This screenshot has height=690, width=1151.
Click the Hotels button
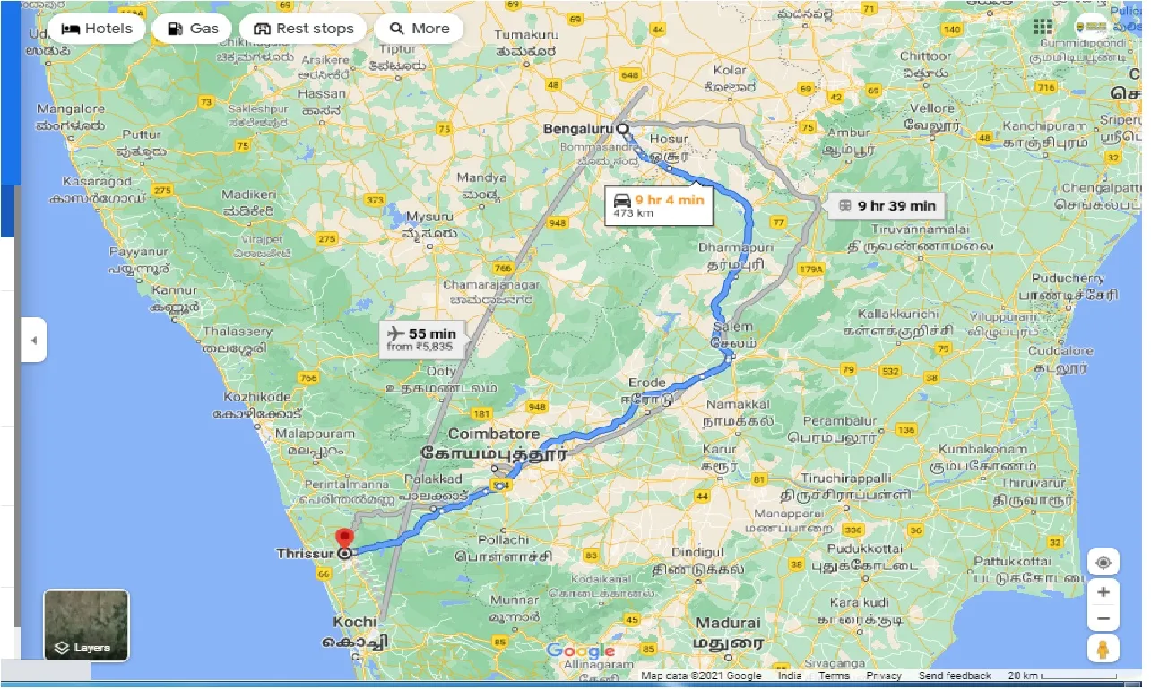pyautogui.click(x=96, y=29)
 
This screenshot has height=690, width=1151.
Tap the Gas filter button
pyautogui.click(x=192, y=29)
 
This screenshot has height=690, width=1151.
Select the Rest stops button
pyautogui.click(x=303, y=29)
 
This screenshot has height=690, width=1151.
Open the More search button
pyautogui.click(x=419, y=29)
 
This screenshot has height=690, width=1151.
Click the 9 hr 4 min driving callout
pyautogui.click(x=659, y=205)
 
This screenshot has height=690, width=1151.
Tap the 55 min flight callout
pyautogui.click(x=420, y=340)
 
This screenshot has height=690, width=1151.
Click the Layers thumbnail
pyautogui.click(x=86, y=625)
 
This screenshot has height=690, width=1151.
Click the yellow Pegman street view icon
pyautogui.click(x=1103, y=649)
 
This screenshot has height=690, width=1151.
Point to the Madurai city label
pyautogui.click(x=726, y=623)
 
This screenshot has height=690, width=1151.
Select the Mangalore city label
pyautogui.click(x=70, y=109)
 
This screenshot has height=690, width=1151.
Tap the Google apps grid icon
pyautogui.click(x=1043, y=27)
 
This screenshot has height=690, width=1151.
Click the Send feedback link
pyautogui.click(x=955, y=676)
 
